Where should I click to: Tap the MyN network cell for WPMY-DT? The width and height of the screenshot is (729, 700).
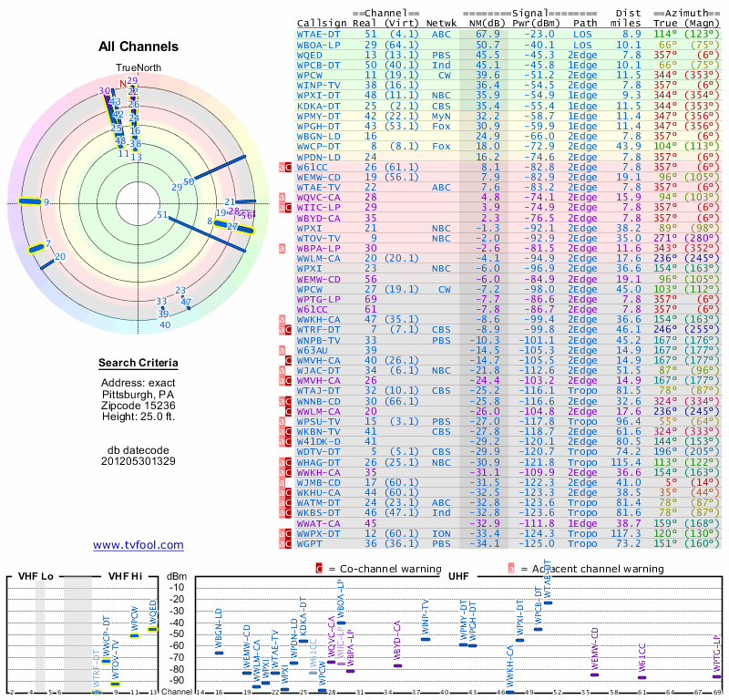[x=441, y=117]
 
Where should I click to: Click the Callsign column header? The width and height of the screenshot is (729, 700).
[x=322, y=23]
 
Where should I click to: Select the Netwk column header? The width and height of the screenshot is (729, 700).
[x=441, y=23]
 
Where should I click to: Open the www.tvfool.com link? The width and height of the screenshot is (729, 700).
[x=139, y=545]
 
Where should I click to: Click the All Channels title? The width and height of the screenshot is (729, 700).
[x=138, y=46]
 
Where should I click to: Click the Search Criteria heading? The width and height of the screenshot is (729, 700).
[x=138, y=364]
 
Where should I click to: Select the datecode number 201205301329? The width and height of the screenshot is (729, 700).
[x=139, y=461]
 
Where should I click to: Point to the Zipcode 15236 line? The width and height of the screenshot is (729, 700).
[x=139, y=405]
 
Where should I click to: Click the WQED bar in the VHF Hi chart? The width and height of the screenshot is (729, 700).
[x=152, y=629]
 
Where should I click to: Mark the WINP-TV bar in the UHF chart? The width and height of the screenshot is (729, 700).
[x=426, y=639]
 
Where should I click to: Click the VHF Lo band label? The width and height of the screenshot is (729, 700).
[x=34, y=577]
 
